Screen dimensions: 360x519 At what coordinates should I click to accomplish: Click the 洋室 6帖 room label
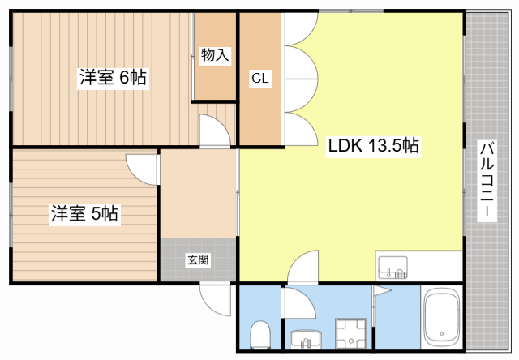(113, 78)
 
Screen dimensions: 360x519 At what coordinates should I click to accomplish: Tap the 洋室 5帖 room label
(85, 214)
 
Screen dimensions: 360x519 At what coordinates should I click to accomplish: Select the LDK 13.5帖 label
(372, 147)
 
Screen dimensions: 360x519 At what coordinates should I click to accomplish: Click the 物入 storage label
(215, 55)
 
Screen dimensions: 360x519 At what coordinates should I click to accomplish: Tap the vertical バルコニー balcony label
(487, 180)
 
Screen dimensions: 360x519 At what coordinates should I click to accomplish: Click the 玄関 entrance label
(198, 260)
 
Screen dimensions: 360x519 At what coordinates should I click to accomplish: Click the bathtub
(442, 321)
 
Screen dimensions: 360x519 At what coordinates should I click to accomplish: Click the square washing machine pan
(350, 334)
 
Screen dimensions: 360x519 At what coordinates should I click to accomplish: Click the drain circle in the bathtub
(442, 332)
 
